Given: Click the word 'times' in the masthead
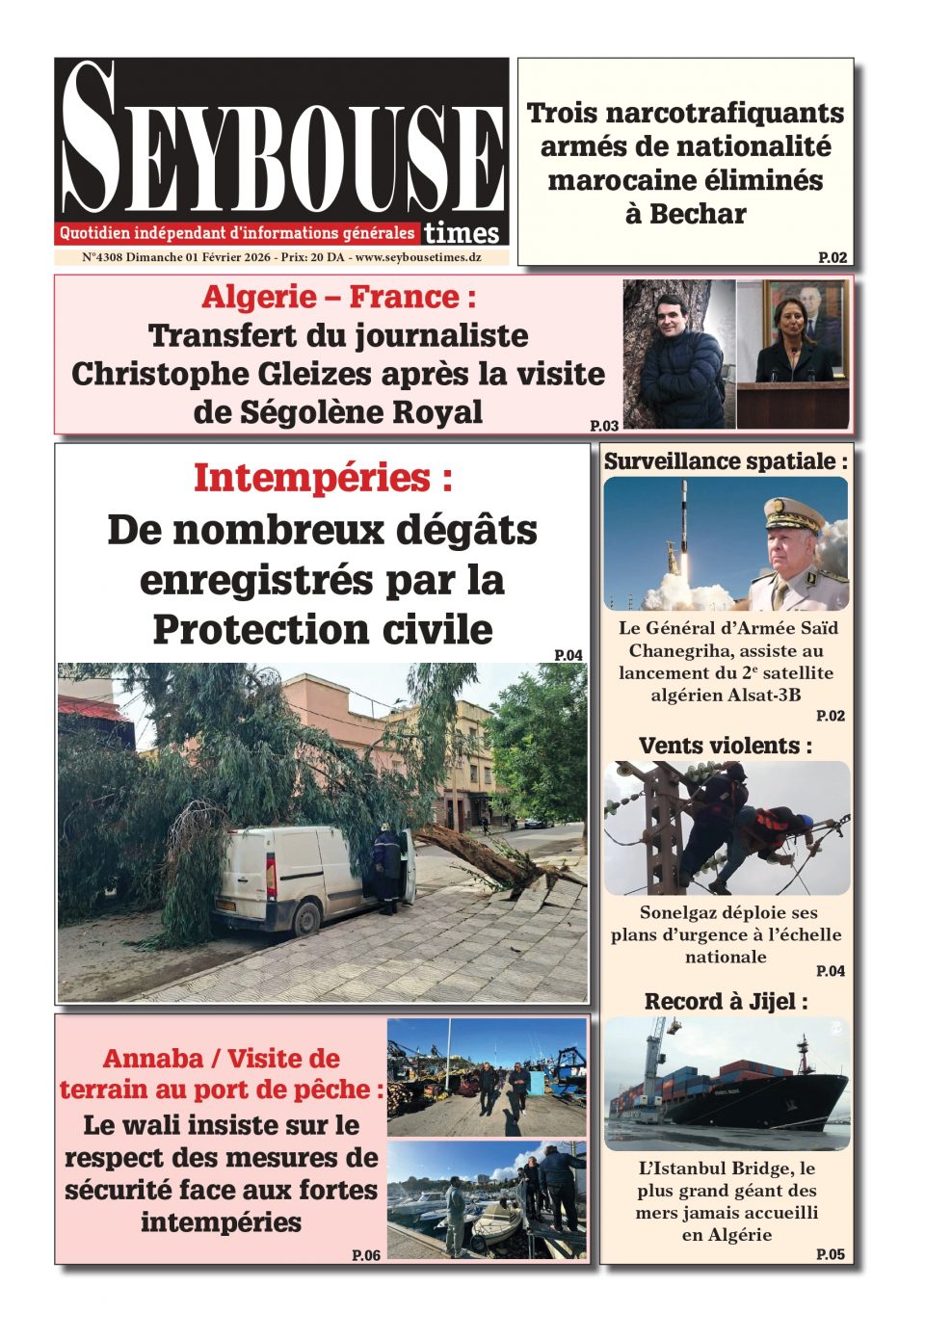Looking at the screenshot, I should pos(462,233).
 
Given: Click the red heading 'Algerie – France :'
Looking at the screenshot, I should pos(338,297).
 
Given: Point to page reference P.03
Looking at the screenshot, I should pos(604,425).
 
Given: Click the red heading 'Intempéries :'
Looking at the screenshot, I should pos(323,478).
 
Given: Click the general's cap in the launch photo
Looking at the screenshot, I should pos(792,516).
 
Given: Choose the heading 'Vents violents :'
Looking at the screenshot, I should pos(726,746).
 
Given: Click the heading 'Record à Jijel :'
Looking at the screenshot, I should pos(726,1002).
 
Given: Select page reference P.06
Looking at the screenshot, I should pos(366,1255).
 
